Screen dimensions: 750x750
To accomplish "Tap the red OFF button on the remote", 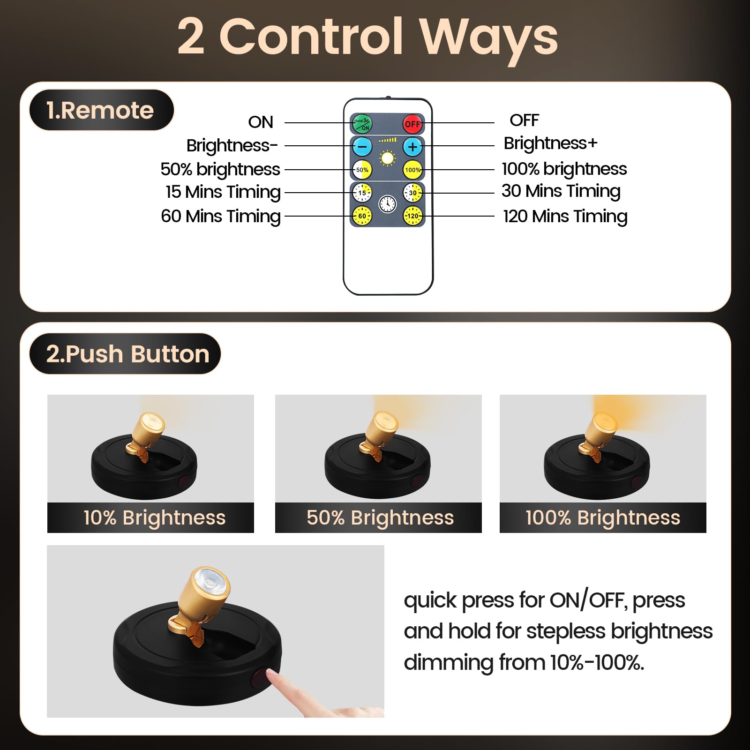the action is (x=412, y=124).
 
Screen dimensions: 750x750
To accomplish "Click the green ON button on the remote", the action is (x=362, y=124).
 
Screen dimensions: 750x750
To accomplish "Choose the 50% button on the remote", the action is (x=362, y=170).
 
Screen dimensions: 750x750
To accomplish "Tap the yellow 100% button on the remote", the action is (x=412, y=170).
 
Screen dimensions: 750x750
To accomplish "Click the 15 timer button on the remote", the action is (x=362, y=193).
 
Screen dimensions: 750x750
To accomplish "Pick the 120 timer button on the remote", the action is (x=412, y=216).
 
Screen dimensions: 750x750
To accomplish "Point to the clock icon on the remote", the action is (x=388, y=204).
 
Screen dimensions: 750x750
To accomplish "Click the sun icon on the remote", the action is (x=387, y=158).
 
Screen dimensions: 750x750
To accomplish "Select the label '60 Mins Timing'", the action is (x=221, y=216).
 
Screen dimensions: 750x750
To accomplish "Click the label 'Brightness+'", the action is (x=550, y=143).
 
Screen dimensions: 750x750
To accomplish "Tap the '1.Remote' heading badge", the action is (x=101, y=110).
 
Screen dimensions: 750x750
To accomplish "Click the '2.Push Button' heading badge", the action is (x=125, y=354).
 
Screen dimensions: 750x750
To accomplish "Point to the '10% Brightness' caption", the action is (x=154, y=518).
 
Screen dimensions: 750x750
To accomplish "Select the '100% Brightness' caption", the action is (x=603, y=518).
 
